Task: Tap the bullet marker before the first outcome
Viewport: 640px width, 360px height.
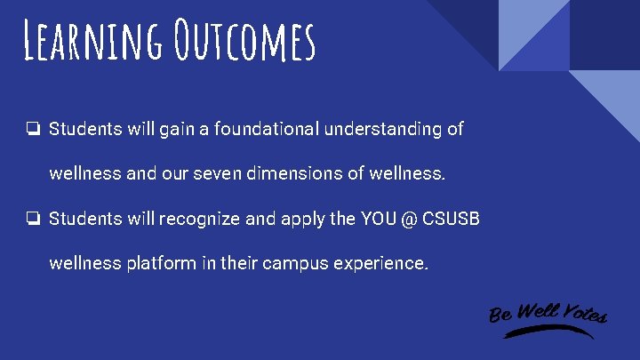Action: point(32,130)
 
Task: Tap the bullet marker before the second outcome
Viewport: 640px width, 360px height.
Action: point(32,219)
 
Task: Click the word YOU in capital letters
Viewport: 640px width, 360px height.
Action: point(374,219)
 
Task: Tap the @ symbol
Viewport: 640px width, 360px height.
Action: point(409,219)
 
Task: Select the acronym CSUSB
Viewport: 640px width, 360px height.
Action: point(453,219)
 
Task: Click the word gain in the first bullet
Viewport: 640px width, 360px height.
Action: point(177,130)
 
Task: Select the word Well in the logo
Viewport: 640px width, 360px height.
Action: point(537,311)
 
